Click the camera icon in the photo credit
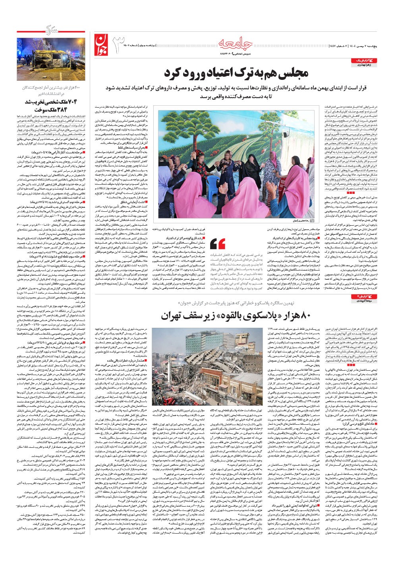312,221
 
